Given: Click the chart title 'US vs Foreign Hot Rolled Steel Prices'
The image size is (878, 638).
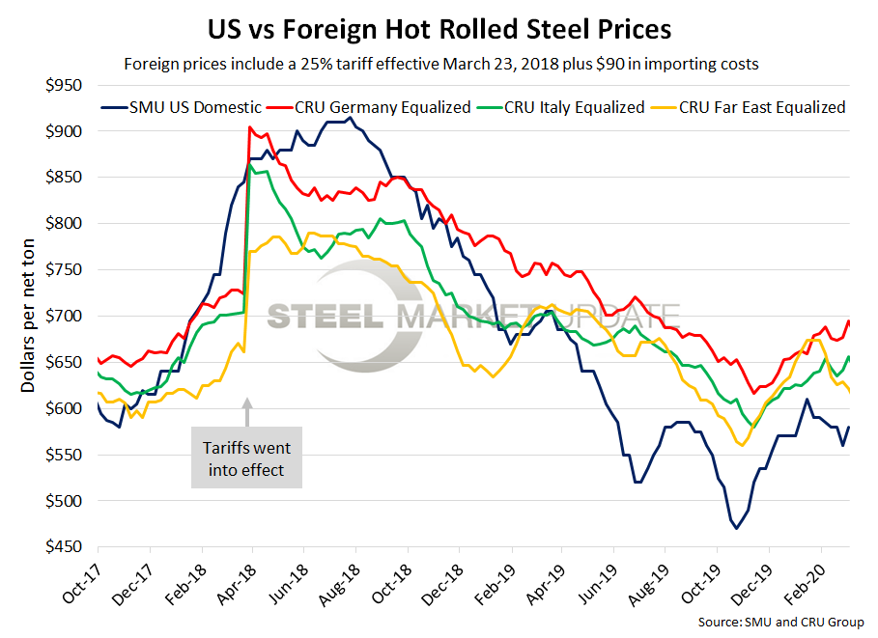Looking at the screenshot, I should point(439,29).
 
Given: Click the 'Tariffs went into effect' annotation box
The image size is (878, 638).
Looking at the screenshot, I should point(246,459).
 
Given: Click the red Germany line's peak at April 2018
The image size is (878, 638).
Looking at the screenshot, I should point(250,127).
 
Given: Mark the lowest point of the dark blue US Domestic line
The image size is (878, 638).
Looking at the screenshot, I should point(736,528).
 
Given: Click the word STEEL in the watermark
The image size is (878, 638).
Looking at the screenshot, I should point(326,316).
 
